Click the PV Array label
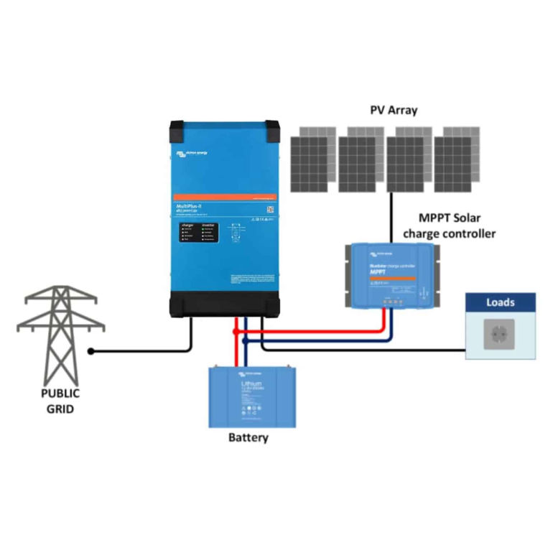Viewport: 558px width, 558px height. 394,111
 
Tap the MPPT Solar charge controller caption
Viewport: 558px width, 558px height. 450,225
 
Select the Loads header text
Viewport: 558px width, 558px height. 500,302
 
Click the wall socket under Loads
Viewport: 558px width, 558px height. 500,335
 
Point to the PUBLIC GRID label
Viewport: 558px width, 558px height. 60,401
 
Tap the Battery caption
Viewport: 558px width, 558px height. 248,437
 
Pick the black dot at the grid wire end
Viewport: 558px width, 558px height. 91,352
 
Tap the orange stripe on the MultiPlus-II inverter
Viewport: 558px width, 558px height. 223,196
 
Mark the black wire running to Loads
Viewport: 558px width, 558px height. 373,350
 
